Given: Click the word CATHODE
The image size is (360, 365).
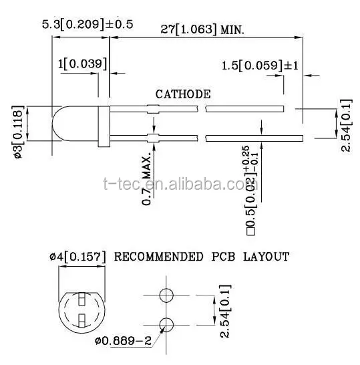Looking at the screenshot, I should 183,94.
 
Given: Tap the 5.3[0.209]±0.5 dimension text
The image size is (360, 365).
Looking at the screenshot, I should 87,24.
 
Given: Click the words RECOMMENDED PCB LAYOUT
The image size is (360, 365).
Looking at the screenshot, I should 202,256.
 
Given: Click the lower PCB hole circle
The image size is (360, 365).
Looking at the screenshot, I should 168,324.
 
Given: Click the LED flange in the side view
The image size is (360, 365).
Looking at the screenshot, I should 103,124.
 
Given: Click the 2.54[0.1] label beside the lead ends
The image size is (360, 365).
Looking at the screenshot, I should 345,126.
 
